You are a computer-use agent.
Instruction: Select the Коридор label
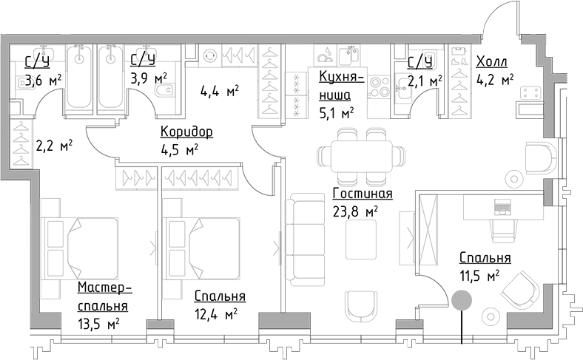[186, 132]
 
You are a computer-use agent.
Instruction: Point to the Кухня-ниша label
[339, 85]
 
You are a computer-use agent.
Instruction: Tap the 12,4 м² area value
[215, 314]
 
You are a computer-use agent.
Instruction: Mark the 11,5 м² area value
[479, 276]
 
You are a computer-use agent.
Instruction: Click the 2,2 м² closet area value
[54, 146]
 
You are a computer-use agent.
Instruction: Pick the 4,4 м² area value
[220, 91]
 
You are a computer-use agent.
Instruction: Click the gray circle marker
[462, 299]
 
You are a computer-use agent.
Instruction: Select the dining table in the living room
[362, 156]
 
